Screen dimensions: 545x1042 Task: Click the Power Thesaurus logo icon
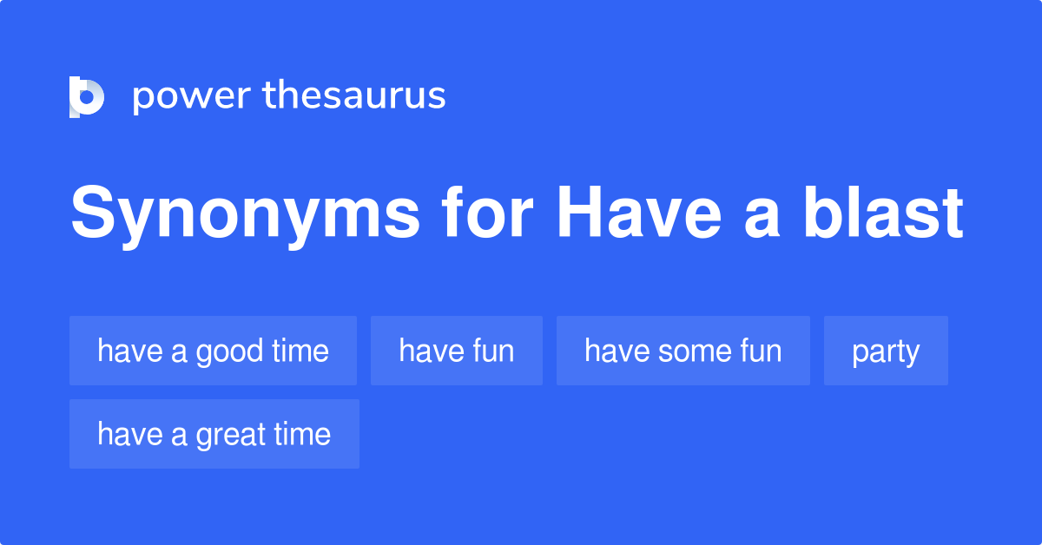[x=87, y=96]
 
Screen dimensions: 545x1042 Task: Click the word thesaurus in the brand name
[x=354, y=95]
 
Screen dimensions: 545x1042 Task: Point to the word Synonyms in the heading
[x=233, y=214]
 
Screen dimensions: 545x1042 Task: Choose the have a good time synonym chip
[x=213, y=351]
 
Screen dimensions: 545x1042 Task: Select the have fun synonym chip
[x=456, y=351]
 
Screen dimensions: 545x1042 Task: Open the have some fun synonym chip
[x=683, y=351]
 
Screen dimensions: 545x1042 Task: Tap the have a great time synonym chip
[x=214, y=434]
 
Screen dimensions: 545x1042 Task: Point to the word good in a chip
[x=229, y=353]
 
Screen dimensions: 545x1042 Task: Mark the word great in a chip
[x=229, y=436]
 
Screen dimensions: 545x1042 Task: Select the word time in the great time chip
[x=301, y=434]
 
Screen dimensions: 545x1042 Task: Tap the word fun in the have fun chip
[x=493, y=351]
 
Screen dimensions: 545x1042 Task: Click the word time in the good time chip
[x=300, y=351]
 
